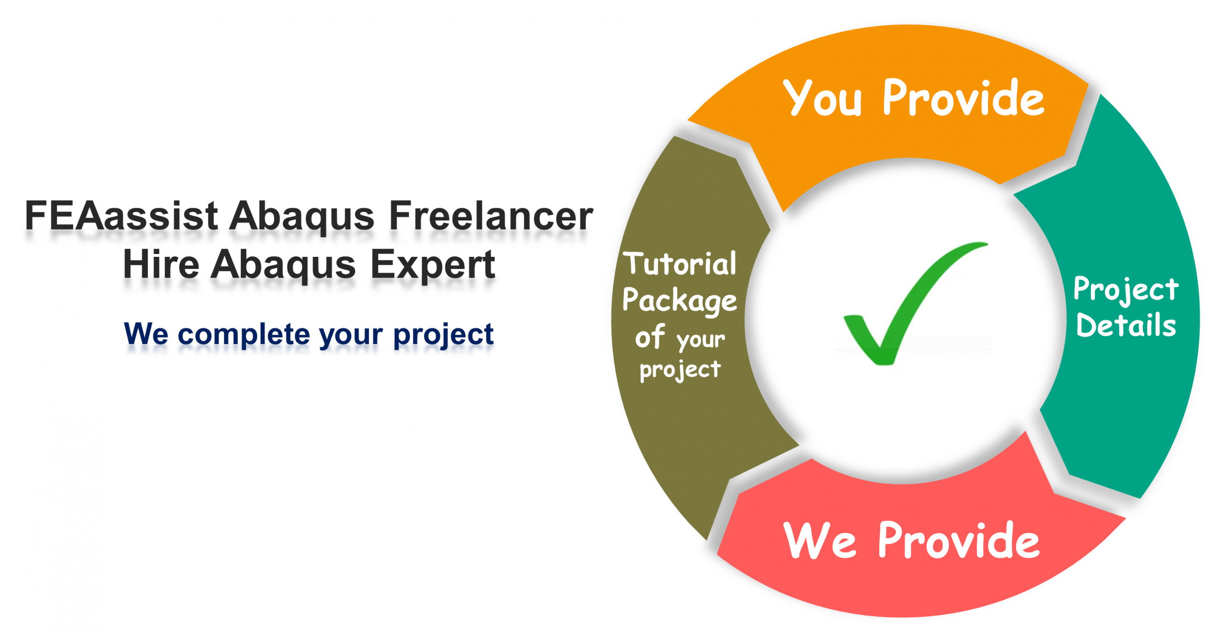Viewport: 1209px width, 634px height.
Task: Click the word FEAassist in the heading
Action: click(121, 216)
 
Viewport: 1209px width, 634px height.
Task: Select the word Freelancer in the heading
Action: click(491, 216)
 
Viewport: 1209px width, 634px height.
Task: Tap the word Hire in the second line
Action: click(161, 264)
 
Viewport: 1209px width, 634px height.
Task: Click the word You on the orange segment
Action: click(822, 98)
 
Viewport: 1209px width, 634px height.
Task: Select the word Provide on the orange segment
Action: click(963, 98)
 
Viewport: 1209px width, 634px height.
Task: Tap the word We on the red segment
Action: click(819, 541)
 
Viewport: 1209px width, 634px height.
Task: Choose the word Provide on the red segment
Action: click(959, 541)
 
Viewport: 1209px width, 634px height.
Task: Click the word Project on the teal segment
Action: click(1126, 289)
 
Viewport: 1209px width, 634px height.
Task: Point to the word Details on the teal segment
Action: click(1126, 325)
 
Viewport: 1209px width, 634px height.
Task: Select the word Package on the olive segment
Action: click(680, 300)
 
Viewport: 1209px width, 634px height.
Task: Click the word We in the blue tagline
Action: click(146, 334)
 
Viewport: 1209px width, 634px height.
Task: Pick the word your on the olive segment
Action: click(701, 339)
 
